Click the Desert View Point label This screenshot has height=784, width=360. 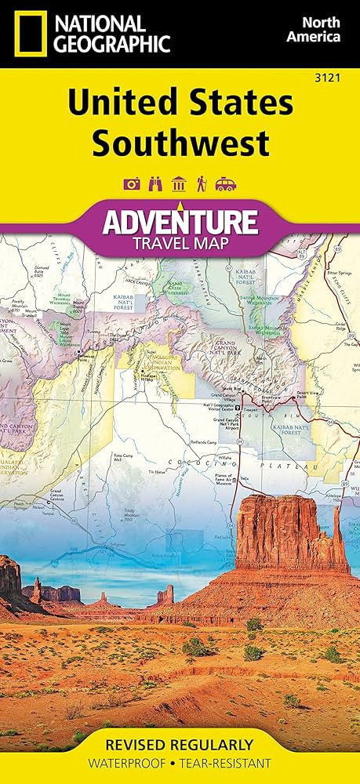point(320,394)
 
